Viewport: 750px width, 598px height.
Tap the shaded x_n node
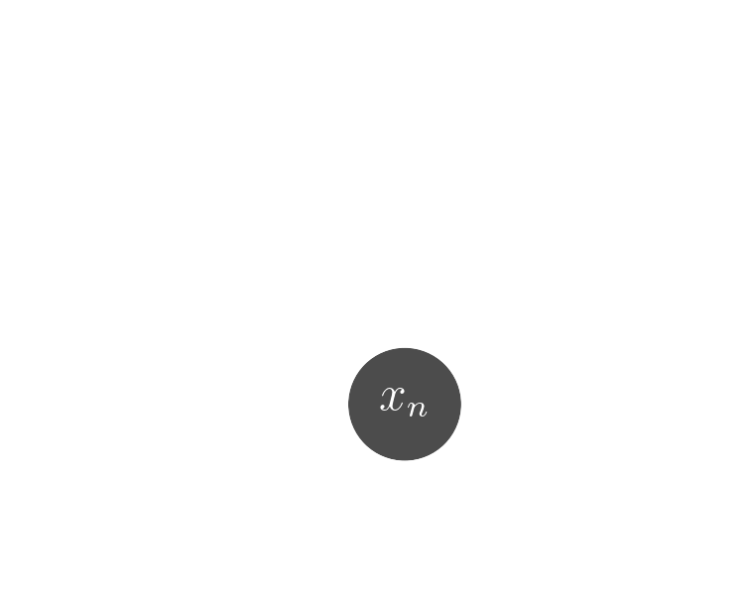click(x=405, y=404)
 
